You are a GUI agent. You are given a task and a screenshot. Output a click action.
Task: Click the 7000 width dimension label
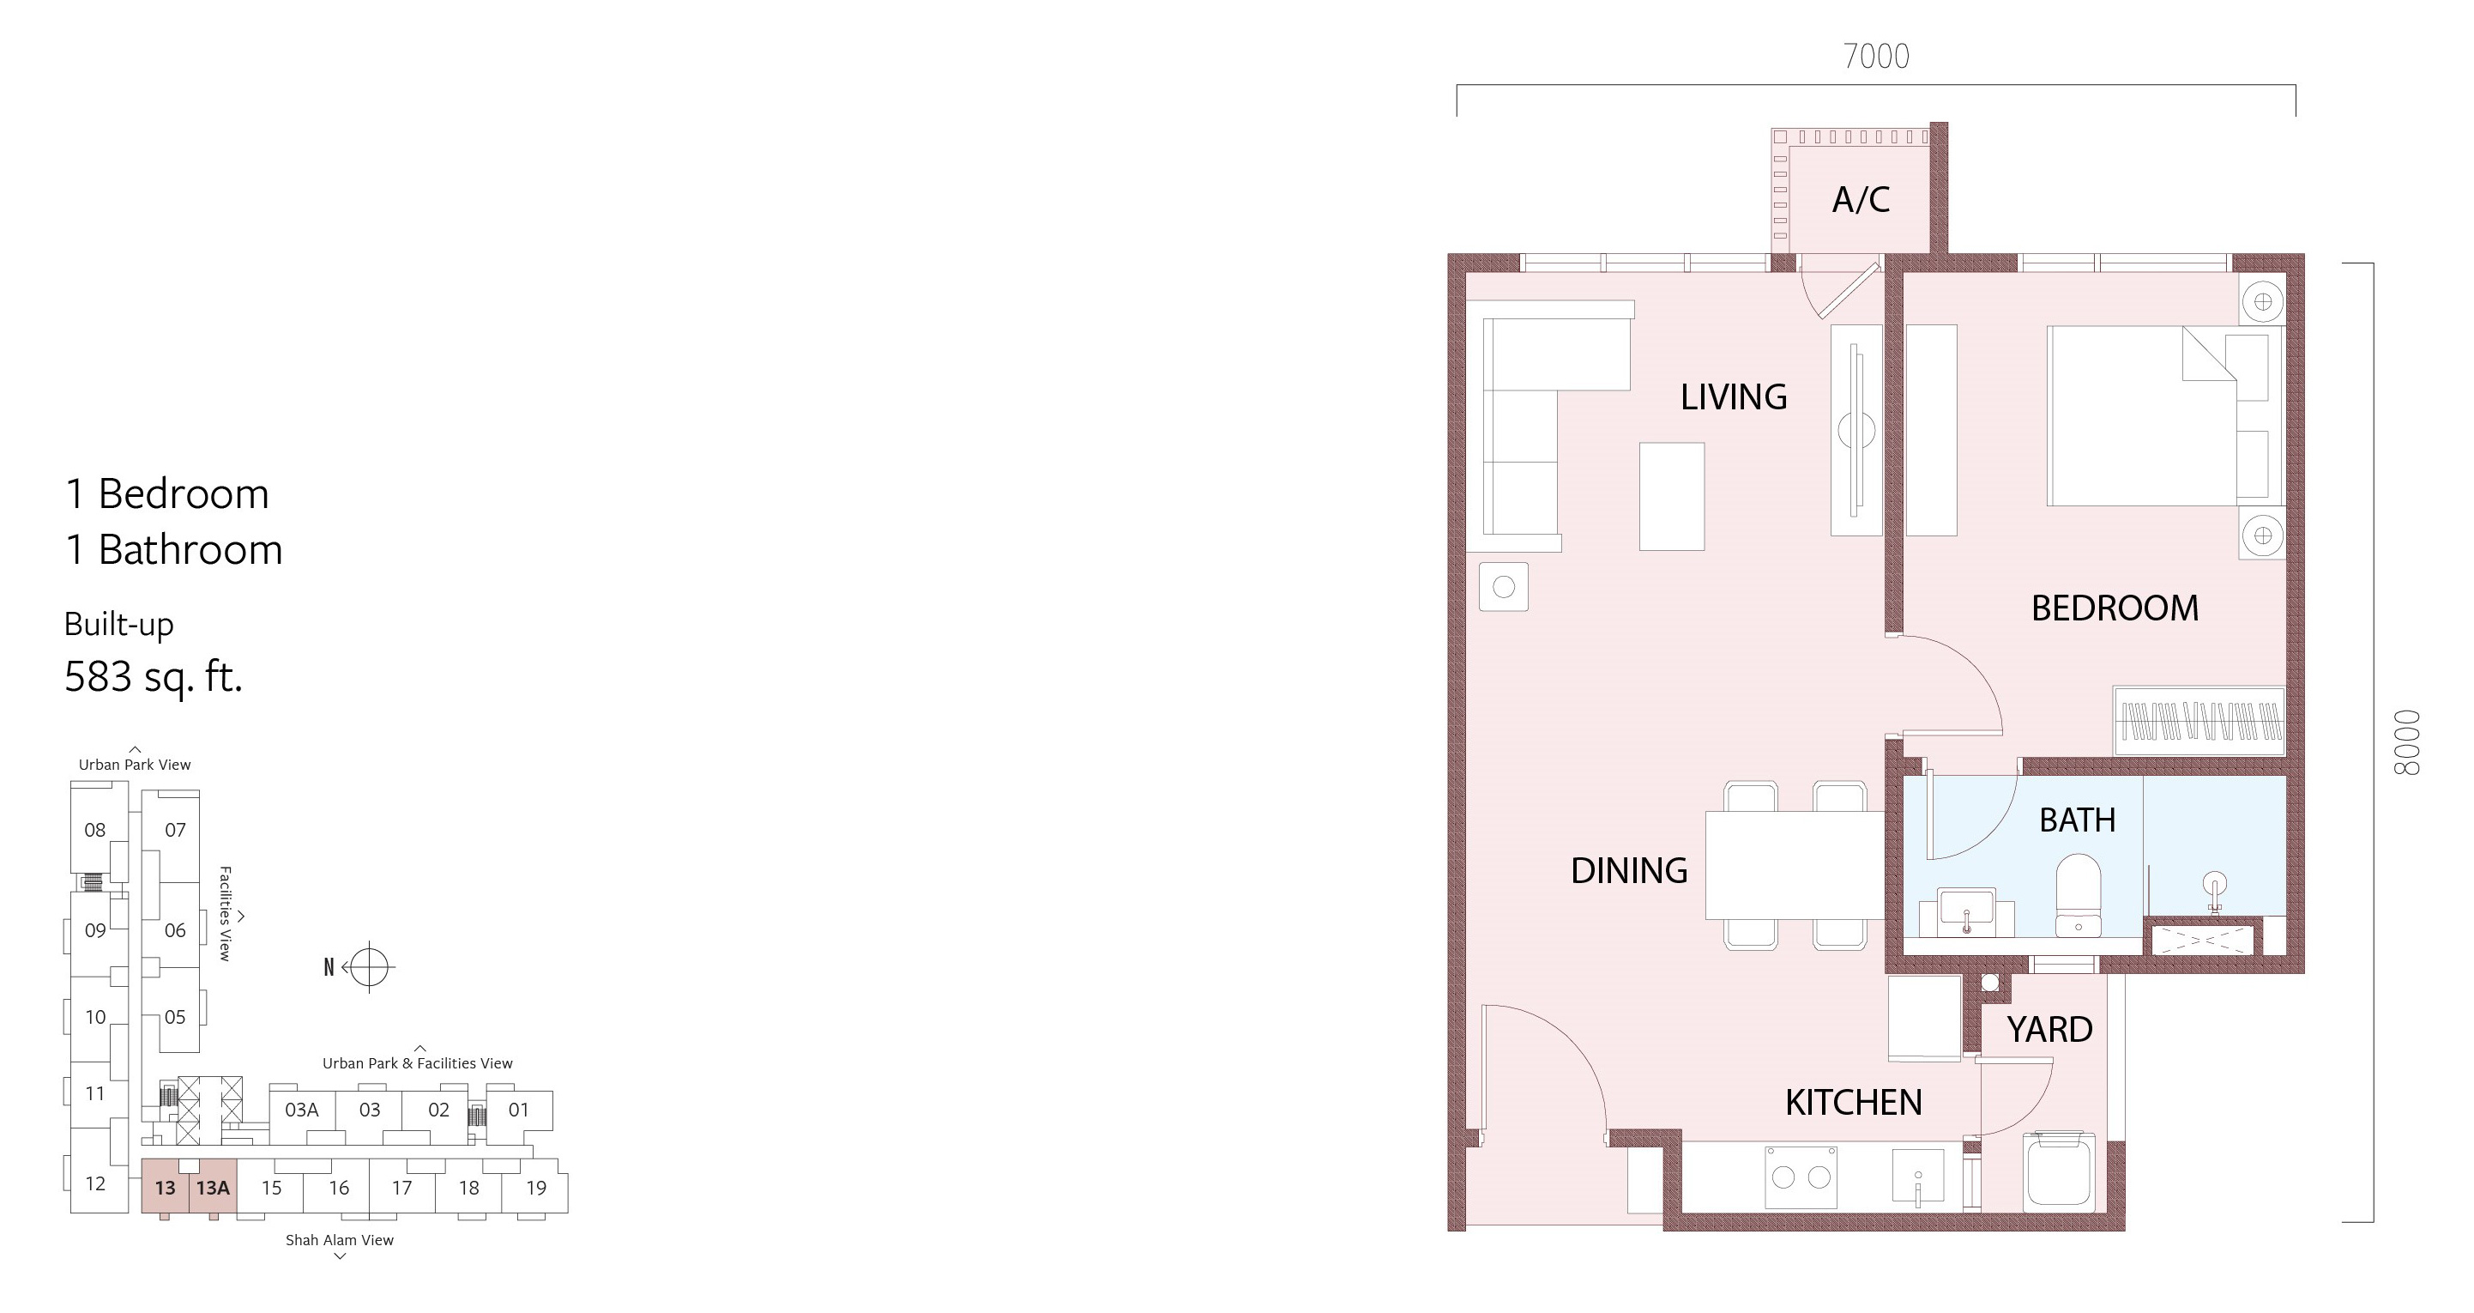point(1876,57)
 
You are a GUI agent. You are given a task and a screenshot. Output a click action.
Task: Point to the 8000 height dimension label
point(2408,742)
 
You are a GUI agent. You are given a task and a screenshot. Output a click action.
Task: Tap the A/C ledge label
point(1861,200)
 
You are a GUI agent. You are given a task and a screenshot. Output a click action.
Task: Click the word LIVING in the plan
point(1734,396)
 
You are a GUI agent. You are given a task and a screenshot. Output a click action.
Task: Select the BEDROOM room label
point(2115,608)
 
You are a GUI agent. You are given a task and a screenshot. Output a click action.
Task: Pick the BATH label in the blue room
point(2078,820)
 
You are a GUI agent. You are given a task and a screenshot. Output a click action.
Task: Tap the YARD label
point(2049,1030)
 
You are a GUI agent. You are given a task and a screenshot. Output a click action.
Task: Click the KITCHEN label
point(1854,1103)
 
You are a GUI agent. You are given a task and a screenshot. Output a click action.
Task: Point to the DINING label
point(1629,871)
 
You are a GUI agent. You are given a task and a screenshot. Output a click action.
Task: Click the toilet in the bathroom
point(2079,895)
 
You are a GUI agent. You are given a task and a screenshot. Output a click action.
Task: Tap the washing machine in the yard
point(2059,1170)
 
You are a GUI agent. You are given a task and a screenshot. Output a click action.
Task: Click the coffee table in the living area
point(1672,497)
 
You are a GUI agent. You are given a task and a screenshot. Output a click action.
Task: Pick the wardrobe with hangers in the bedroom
point(2199,720)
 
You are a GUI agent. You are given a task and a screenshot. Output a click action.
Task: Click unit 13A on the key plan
point(214,1187)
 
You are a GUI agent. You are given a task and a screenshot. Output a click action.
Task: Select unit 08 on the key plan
point(95,830)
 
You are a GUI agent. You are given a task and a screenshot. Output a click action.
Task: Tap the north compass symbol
point(369,967)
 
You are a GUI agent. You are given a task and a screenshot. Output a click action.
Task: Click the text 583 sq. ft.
point(154,677)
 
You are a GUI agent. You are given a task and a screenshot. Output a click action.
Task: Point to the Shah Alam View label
point(339,1240)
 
